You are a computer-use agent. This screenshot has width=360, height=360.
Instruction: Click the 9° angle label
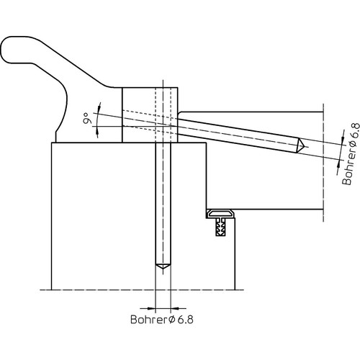click(88, 118)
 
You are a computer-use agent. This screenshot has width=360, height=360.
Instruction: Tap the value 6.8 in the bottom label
click(185, 320)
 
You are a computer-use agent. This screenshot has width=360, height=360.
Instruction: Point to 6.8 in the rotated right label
click(355, 131)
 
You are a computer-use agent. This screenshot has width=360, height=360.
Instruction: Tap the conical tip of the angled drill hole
click(301, 145)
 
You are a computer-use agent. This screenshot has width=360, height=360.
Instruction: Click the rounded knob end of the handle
click(9, 50)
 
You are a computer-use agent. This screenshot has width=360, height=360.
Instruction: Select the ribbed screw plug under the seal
click(220, 227)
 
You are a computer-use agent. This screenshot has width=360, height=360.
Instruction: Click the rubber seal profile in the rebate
click(220, 213)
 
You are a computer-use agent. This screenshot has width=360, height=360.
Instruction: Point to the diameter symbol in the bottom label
click(172, 320)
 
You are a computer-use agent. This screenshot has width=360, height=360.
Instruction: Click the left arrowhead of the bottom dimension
click(152, 308)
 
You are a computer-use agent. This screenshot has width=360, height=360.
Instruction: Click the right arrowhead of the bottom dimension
click(175, 308)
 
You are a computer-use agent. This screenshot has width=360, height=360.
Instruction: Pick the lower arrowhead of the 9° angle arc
click(97, 131)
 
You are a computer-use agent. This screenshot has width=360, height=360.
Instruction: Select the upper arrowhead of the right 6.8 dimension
click(343, 141)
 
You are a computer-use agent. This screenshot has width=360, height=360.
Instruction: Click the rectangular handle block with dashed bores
click(150, 115)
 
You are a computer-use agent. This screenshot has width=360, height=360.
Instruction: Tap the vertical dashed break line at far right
click(323, 163)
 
